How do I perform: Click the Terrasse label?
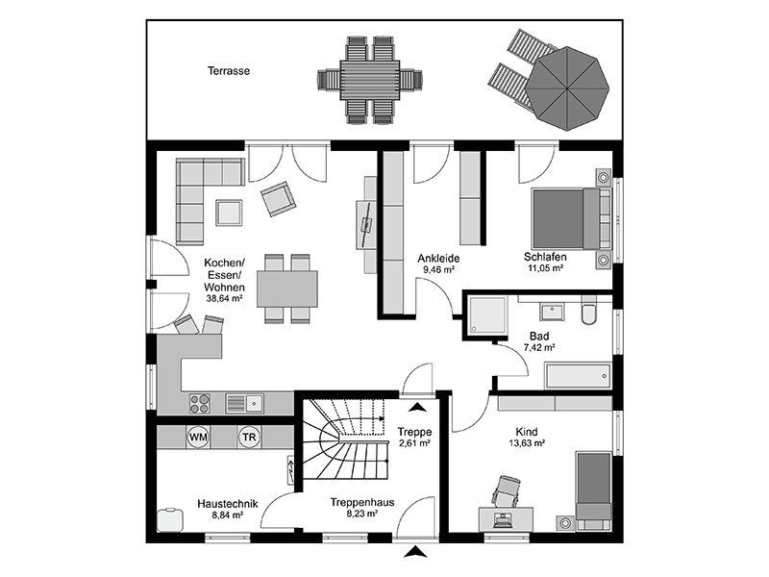pyautogui.click(x=229, y=70)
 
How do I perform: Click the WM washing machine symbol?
pyautogui.click(x=199, y=437)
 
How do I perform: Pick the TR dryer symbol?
pyautogui.click(x=249, y=437)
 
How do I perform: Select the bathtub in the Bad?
pyautogui.click(x=577, y=375)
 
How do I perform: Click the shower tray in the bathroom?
pyautogui.click(x=489, y=316)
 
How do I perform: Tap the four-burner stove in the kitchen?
pyautogui.click(x=201, y=401)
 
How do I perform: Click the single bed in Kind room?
pyautogui.click(x=593, y=488)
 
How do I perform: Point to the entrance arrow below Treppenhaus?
pyautogui.click(x=415, y=552)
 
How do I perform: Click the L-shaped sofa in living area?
pyautogui.click(x=197, y=197)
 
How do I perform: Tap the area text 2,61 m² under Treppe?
pyautogui.click(x=413, y=443)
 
